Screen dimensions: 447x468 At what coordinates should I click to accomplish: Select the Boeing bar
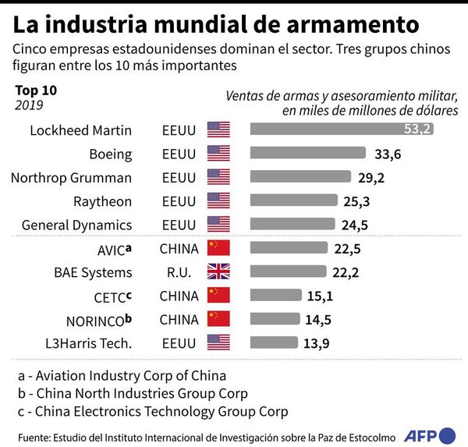pyautogui.click(x=307, y=154)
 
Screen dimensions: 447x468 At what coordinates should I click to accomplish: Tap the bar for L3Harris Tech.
pyautogui.click(x=274, y=342)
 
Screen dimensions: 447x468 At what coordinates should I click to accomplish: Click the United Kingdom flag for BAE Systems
pyautogui.click(x=218, y=272)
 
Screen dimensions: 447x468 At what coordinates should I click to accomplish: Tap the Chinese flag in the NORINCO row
pyautogui.click(x=218, y=318)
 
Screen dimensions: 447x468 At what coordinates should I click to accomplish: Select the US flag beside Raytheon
pyautogui.click(x=218, y=201)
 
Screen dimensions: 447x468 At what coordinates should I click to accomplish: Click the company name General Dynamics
pyautogui.click(x=76, y=225)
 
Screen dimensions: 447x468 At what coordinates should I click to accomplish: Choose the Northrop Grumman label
pyautogui.click(x=71, y=177)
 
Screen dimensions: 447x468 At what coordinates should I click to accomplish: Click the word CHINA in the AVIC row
pyautogui.click(x=179, y=249)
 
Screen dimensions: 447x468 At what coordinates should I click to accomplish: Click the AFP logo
pyautogui.click(x=435, y=434)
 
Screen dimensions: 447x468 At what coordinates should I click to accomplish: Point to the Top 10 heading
pyautogui.click(x=36, y=90)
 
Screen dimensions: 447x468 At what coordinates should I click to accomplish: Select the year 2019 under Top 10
pyautogui.click(x=28, y=105)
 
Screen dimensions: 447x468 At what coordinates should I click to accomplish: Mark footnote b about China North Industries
pyautogui.click(x=133, y=392)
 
